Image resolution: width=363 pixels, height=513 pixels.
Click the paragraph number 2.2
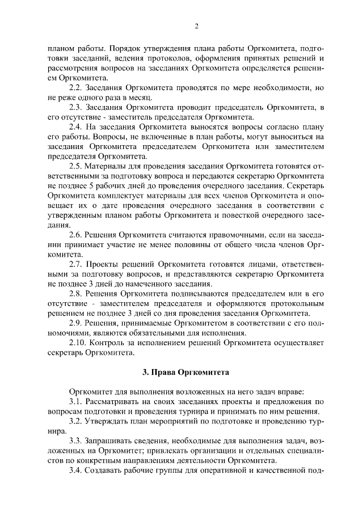[x=76, y=88]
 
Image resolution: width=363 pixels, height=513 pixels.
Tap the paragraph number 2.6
[x=76, y=235]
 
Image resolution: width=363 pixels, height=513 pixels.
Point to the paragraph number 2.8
[x=76, y=294]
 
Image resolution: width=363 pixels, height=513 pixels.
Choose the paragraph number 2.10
[x=78, y=342]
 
